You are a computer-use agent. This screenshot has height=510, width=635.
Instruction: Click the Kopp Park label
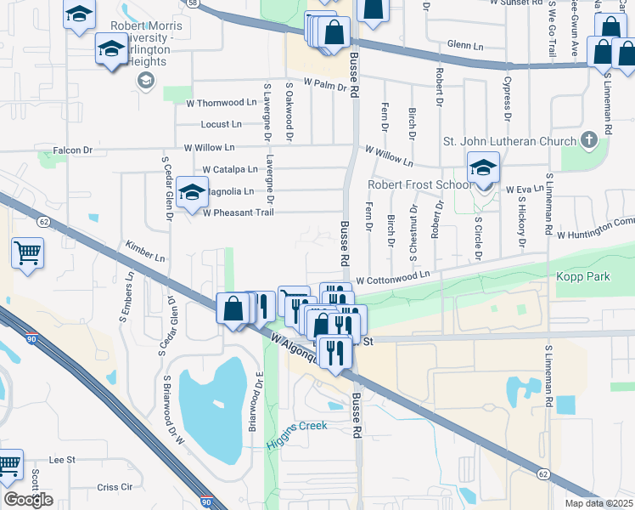pos(583,277)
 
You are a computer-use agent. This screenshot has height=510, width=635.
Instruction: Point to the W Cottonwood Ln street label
pos(393,279)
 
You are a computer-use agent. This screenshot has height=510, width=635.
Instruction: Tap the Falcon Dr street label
pos(72,150)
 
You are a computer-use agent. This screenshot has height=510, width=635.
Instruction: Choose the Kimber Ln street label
pos(144,251)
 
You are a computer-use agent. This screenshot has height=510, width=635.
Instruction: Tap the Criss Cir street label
pos(115,487)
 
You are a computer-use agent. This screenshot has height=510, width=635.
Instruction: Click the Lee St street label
pos(63,460)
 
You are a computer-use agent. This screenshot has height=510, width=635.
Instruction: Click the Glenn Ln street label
pos(464,45)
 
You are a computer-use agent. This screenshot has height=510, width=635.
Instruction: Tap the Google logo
pos(28,500)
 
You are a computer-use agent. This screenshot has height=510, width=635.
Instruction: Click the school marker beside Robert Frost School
pos(483,169)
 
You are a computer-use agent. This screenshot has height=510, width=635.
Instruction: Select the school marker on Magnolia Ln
pos(193,192)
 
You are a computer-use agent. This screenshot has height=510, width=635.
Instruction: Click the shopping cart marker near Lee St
pos(8,464)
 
